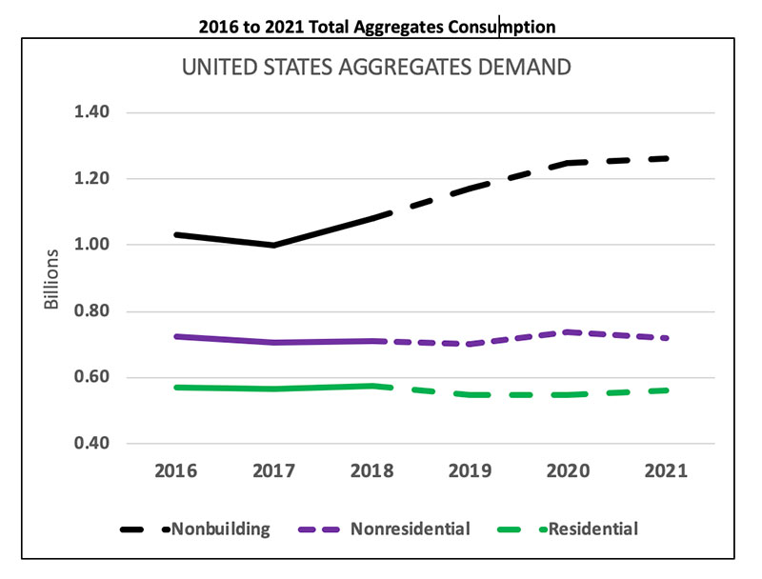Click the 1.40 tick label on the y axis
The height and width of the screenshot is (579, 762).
coord(93,112)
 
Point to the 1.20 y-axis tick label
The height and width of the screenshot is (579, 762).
coord(93,179)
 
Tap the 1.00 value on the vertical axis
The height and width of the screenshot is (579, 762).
coord(93,245)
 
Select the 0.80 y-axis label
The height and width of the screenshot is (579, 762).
coord(93,311)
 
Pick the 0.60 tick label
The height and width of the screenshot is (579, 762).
coord(93,377)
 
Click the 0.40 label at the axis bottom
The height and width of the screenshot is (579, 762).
coord(93,444)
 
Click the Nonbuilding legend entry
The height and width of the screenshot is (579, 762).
coord(220,529)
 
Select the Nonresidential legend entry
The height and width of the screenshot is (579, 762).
coord(410,529)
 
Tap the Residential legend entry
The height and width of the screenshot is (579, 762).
coord(590,529)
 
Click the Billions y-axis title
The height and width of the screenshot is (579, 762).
coord(53,278)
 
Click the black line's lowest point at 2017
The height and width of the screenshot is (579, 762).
coord(274,245)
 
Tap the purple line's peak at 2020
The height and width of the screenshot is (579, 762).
coord(568,331)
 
